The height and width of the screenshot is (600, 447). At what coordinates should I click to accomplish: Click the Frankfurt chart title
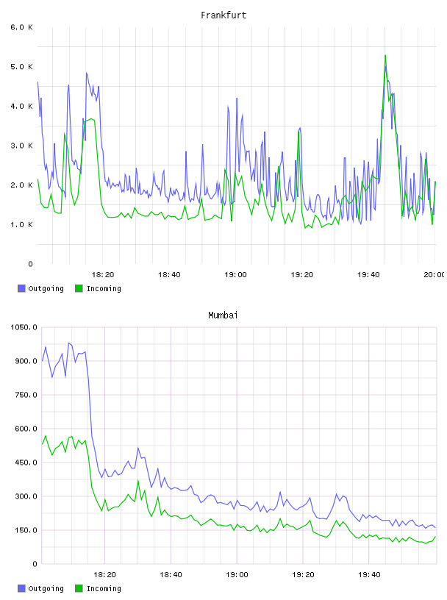pyautogui.click(x=223, y=15)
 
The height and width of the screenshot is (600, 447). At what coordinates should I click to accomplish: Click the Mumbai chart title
pyautogui.click(x=223, y=315)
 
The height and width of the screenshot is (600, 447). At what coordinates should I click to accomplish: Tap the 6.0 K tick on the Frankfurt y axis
pyautogui.click(x=22, y=27)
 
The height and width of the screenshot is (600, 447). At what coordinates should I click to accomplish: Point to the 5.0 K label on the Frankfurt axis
pyautogui.click(x=22, y=67)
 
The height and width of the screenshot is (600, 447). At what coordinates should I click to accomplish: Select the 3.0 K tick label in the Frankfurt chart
pyautogui.click(x=22, y=146)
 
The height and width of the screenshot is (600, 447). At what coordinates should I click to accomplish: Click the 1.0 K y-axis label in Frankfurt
pyautogui.click(x=22, y=224)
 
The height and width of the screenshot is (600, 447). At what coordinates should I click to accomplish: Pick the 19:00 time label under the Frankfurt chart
pyautogui.click(x=235, y=275)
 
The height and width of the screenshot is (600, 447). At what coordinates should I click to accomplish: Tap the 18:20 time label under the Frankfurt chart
pyautogui.click(x=103, y=275)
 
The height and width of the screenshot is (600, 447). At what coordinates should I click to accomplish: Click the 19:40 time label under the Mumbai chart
pyautogui.click(x=369, y=575)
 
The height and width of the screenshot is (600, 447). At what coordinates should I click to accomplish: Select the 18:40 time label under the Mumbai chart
pyautogui.click(x=171, y=575)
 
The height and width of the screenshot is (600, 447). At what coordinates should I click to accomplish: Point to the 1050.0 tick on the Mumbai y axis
pyautogui.click(x=24, y=327)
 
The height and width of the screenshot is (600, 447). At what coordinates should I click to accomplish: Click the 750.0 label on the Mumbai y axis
pyautogui.click(x=26, y=395)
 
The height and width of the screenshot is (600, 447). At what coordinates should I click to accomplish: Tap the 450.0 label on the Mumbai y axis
pyautogui.click(x=26, y=463)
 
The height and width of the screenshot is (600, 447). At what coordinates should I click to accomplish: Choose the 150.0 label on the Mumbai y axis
pyautogui.click(x=26, y=530)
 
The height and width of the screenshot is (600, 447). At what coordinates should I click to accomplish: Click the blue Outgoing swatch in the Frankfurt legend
pyautogui.click(x=21, y=288)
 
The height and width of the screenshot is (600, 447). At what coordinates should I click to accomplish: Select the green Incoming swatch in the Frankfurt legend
pyautogui.click(x=79, y=288)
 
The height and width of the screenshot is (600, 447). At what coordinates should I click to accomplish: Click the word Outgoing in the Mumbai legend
pyautogui.click(x=46, y=588)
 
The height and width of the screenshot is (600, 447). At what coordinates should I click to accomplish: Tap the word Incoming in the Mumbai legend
pyautogui.click(x=104, y=588)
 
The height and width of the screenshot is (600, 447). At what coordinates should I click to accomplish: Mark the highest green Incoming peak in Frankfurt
pyautogui.click(x=385, y=55)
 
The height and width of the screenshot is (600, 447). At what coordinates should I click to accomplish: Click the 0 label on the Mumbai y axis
pyautogui.click(x=35, y=564)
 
